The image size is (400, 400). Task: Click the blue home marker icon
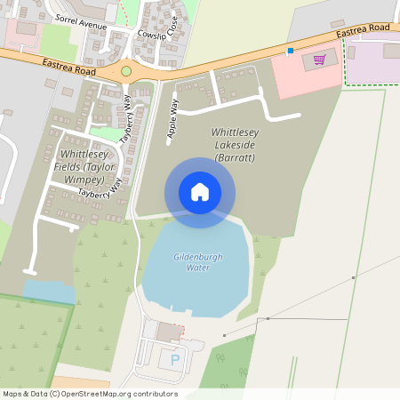click(200, 191)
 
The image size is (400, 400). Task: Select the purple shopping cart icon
click(319, 60)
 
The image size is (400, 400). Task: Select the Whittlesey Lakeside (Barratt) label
click(234, 145)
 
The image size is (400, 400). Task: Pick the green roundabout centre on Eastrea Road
click(126, 70)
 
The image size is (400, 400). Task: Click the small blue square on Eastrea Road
click(290, 51)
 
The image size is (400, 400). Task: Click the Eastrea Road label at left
click(66, 64)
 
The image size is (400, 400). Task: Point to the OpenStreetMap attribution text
click(90, 394)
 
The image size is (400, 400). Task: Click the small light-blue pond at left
click(48, 292)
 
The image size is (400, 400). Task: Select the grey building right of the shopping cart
click(392, 52)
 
